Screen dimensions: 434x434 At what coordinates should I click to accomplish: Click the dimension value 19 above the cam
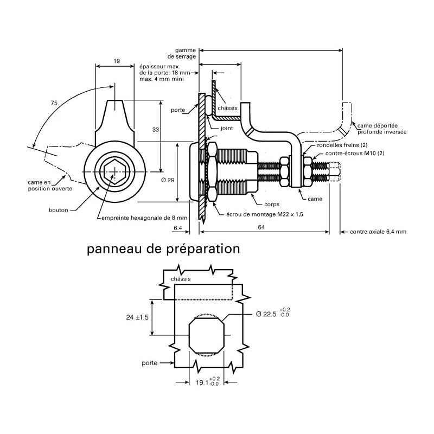117,61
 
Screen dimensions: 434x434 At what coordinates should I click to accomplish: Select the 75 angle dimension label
54,103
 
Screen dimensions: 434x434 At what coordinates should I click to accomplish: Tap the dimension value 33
156,130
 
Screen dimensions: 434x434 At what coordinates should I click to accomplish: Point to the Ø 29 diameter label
168,180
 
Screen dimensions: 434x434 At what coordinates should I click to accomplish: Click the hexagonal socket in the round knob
114,171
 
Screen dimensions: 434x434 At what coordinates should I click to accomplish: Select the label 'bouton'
59,210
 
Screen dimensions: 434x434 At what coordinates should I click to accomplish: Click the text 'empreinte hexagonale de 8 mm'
144,218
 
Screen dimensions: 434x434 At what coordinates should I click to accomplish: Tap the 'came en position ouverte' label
50,186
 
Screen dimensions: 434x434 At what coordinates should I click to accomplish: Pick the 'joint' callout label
227,128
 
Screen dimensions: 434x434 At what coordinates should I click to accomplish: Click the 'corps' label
272,205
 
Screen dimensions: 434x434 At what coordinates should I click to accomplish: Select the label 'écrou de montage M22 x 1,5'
265,214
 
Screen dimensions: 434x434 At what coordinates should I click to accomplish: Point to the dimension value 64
261,227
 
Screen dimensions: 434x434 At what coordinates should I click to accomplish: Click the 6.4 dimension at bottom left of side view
178,228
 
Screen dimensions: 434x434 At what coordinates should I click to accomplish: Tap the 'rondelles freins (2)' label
342,145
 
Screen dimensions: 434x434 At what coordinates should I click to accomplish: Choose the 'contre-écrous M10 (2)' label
355,154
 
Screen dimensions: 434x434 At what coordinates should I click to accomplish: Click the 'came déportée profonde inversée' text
382,129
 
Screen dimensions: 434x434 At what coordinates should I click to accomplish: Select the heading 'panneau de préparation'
163,249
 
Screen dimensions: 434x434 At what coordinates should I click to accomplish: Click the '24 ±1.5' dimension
137,317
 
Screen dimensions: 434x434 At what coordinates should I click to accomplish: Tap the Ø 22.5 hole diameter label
273,314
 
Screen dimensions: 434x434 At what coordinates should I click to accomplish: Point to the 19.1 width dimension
208,382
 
